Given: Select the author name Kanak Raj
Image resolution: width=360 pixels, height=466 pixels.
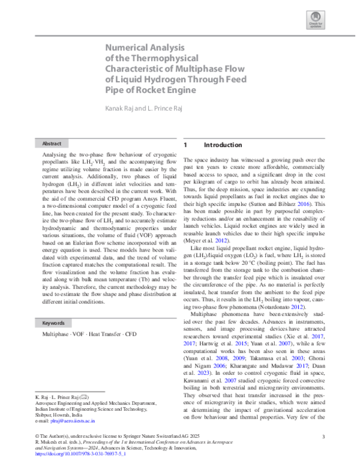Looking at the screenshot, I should pos(123,108).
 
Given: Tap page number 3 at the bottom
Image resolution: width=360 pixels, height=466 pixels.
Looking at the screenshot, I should pos(323,437).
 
